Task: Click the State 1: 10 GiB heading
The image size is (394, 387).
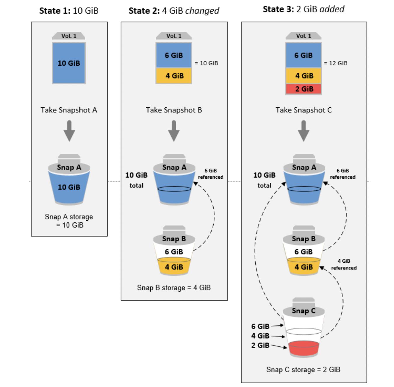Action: pos(69,11)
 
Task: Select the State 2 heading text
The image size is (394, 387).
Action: pos(174,11)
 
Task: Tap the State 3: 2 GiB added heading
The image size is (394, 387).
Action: pos(303,9)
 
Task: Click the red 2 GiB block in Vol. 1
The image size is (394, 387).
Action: pos(304,89)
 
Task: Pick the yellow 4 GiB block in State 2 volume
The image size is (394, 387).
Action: pos(174,76)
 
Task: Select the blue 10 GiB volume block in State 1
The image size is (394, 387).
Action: pos(69,63)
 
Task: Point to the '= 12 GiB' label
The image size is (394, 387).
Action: pos(336,63)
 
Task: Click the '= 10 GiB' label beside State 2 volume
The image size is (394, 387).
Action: pos(206,63)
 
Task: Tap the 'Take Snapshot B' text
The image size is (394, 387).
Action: pos(174,110)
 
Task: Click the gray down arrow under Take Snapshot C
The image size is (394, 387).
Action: pos(304,131)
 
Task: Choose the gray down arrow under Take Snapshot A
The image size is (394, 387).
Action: pos(69,131)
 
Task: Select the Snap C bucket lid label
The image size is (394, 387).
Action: pos(304,311)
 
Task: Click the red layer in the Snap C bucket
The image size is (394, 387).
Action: pos(304,348)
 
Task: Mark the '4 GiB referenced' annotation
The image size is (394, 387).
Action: pos(344,264)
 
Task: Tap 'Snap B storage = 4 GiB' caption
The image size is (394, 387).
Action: pos(174,288)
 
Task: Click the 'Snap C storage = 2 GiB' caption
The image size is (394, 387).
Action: pos(303,369)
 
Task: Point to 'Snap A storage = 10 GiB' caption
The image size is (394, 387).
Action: pos(69,221)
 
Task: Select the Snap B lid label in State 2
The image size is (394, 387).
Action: pos(174,239)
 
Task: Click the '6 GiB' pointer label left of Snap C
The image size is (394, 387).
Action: pos(260,326)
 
